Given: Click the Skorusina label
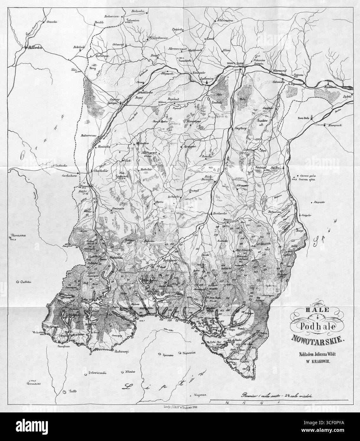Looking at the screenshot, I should (18, 235).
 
